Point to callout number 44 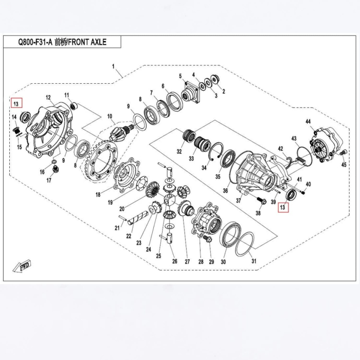[309, 122]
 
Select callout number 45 [344, 165]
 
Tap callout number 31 [254, 262]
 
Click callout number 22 [129, 236]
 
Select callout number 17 [50, 181]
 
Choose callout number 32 [179, 152]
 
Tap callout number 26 [174, 261]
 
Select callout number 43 [294, 139]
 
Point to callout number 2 [223, 91]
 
